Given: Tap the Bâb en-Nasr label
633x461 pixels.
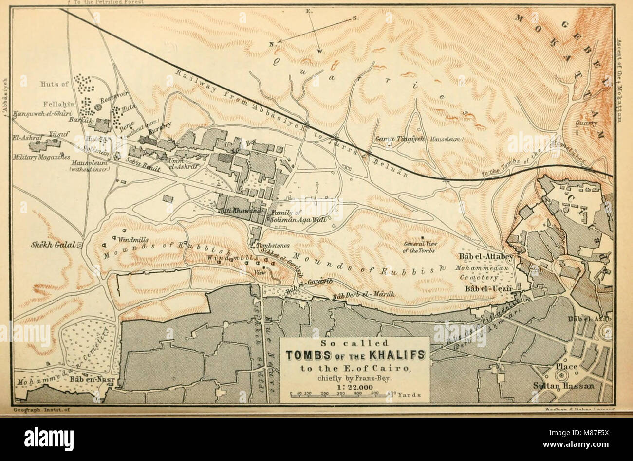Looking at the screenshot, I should point(87,378).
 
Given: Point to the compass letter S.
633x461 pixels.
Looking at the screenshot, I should point(355,18).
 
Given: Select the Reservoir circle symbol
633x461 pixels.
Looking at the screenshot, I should point(98,106).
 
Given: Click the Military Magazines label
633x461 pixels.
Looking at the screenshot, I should point(41,158).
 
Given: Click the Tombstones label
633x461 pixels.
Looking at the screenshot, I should point(273,246).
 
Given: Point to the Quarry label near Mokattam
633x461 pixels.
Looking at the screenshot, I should point(586,124).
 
